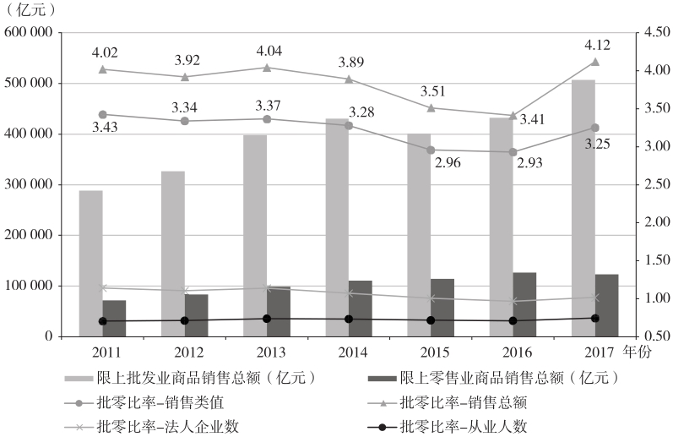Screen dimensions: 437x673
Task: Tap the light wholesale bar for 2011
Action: coord(91,263)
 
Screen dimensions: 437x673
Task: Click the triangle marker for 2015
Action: coord(431,107)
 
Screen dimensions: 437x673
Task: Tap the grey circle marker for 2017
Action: coord(594,128)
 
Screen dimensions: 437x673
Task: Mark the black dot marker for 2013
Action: coord(267,319)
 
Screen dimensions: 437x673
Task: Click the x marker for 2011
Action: coord(103,288)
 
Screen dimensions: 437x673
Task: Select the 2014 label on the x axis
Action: coord(349,351)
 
